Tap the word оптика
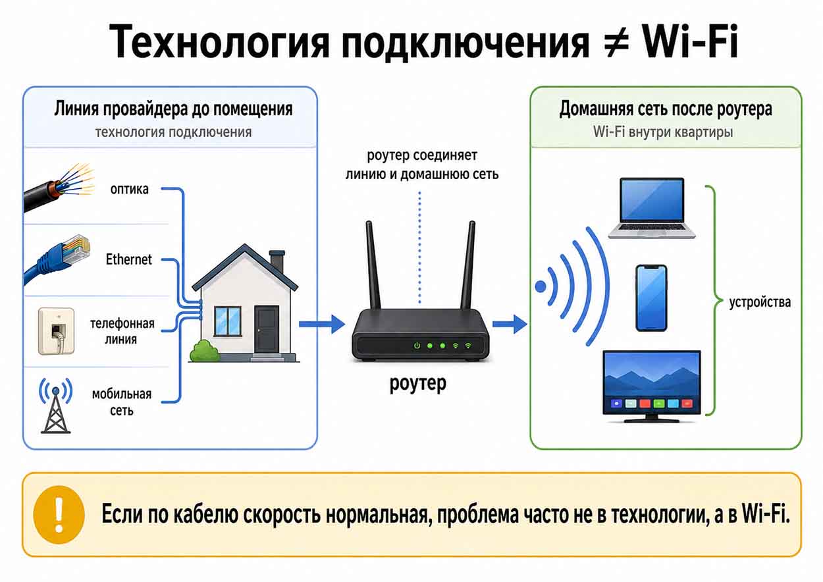[x=129, y=189]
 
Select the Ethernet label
[x=128, y=259]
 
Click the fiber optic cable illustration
[x=59, y=188]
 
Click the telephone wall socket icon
[x=56, y=331]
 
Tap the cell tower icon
[x=56, y=406]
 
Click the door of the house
[x=267, y=329]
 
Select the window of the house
[x=227, y=321]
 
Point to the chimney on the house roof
[x=277, y=261]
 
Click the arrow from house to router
[x=322, y=324]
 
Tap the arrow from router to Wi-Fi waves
[x=510, y=324]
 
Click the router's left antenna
[x=373, y=265]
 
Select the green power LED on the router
[x=417, y=346]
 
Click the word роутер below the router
[x=417, y=384]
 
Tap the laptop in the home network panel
[x=652, y=208]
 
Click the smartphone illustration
[x=651, y=298]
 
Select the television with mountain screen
[x=652, y=386]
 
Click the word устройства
[x=760, y=302]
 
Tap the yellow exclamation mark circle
[x=59, y=515]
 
